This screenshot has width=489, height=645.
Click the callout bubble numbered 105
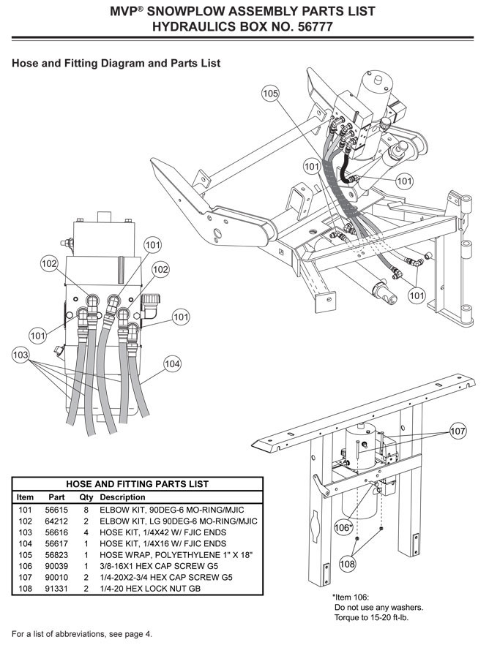click(x=270, y=94)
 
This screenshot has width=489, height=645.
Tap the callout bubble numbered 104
click(x=172, y=364)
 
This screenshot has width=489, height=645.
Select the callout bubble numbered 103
click(x=20, y=355)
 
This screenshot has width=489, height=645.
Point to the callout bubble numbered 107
click(x=458, y=431)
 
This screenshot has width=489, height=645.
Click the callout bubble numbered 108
click(x=347, y=563)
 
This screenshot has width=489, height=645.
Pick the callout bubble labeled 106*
click(x=343, y=528)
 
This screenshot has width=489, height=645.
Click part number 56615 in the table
click(x=56, y=510)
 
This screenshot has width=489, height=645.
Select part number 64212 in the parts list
click(x=56, y=521)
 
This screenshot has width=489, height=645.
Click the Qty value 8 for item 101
click(x=86, y=510)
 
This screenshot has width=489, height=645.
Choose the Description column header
click(x=123, y=497)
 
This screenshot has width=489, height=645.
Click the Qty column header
click(x=86, y=497)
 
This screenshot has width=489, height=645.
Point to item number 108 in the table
click(x=25, y=589)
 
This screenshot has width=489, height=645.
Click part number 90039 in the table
click(x=56, y=566)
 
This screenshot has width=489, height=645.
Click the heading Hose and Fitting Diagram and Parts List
click(x=116, y=64)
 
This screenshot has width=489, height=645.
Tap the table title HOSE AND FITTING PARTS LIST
click(x=138, y=484)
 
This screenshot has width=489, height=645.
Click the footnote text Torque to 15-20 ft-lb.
click(x=372, y=618)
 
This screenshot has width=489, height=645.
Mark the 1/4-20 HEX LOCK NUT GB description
click(x=150, y=589)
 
